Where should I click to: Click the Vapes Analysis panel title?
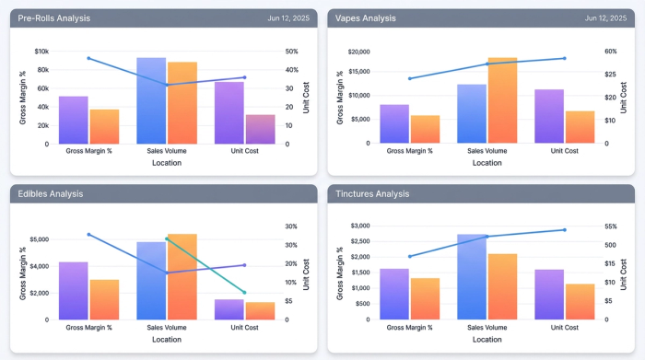click(x=367, y=17)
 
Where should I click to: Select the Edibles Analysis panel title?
click(x=51, y=193)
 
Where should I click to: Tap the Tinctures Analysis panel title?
click(x=373, y=193)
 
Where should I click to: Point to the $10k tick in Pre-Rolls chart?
click(x=41, y=52)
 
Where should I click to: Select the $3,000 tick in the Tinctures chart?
click(x=357, y=226)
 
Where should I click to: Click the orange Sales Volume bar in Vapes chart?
click(x=501, y=99)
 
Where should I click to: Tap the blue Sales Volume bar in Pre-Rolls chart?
click(x=151, y=100)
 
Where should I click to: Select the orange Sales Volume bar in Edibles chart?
click(x=182, y=276)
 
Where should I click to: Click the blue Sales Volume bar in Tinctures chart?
click(x=472, y=276)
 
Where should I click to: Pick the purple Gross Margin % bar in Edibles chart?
click(x=74, y=291)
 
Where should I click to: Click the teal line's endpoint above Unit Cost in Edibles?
click(x=244, y=293)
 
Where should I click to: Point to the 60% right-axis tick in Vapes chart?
click(x=610, y=52)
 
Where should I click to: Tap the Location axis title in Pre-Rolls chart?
click(x=167, y=163)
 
